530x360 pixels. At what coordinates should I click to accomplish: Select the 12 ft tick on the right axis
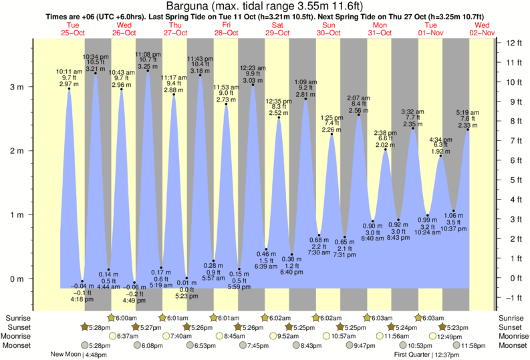[513, 43]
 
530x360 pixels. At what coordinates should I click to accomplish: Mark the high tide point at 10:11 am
[69, 89]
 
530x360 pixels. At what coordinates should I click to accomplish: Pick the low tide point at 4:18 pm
[82, 281]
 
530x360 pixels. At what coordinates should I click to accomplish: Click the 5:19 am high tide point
[467, 130]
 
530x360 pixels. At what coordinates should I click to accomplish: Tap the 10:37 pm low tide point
[454, 211]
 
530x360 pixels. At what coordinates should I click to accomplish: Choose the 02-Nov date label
[483, 32]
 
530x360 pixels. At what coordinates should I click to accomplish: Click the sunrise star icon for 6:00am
[110, 317]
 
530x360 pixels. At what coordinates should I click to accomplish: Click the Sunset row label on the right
[511, 327]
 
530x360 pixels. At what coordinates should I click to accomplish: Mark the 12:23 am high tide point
[253, 85]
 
